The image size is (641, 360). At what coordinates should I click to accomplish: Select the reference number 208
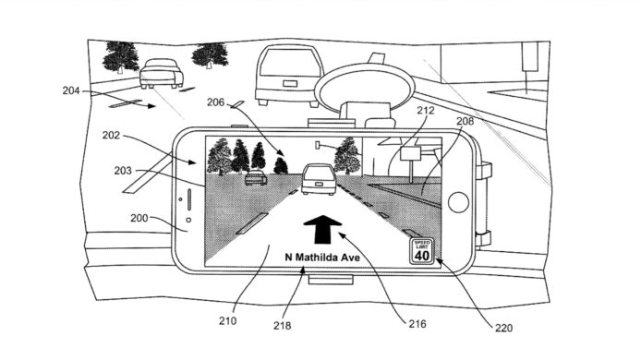(x=466, y=121)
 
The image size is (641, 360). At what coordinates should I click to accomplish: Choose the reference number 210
(x=228, y=320)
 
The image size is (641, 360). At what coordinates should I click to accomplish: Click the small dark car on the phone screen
(x=254, y=178)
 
